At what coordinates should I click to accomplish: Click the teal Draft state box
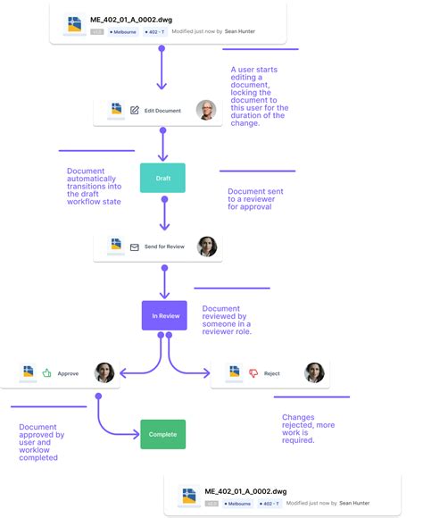point(162,178)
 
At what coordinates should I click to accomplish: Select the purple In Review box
point(164,315)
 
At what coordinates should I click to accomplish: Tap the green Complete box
point(162,434)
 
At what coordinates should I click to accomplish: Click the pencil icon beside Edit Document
point(135,111)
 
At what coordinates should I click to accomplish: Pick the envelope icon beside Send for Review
point(135,246)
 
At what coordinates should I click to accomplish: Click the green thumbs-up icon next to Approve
point(46,372)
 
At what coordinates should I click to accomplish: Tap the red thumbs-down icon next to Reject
point(253,372)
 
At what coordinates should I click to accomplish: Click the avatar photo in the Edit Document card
point(206,110)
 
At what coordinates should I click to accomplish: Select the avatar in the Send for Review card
point(207,246)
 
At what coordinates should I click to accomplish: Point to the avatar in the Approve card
point(104,372)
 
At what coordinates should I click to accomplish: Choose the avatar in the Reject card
point(314,372)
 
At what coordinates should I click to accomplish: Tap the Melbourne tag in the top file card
point(122,30)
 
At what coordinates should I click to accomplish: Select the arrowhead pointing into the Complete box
point(135,434)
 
